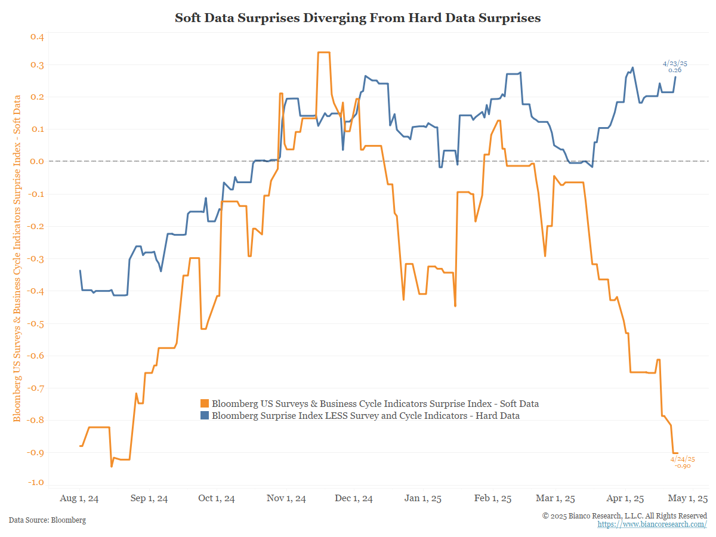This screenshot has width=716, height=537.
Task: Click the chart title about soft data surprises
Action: click(x=357, y=18)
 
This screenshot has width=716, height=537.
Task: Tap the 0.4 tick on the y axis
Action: click(x=37, y=37)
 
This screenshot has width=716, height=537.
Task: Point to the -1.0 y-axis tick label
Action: click(x=36, y=482)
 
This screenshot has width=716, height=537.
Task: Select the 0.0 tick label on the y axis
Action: click(x=37, y=161)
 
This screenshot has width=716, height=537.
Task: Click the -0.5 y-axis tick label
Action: click(x=36, y=323)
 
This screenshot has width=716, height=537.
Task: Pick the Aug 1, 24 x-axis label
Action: click(x=80, y=499)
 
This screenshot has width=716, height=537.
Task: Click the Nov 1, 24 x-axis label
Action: click(x=286, y=499)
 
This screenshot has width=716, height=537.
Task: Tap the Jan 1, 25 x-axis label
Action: click(x=422, y=499)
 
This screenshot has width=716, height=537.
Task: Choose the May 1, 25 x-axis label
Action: click(x=688, y=499)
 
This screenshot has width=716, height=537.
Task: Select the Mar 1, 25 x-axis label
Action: click(x=556, y=499)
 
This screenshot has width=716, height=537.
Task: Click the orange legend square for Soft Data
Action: click(x=205, y=404)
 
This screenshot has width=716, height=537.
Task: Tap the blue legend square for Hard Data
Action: click(x=205, y=416)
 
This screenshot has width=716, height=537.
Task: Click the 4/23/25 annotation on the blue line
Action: click(x=675, y=63)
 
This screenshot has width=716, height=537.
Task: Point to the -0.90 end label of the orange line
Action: click(x=683, y=465)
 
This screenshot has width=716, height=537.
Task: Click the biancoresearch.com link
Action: click(x=652, y=524)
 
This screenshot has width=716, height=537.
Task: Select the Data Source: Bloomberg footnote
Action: click(x=47, y=520)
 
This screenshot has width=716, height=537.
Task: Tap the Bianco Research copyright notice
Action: click(x=625, y=516)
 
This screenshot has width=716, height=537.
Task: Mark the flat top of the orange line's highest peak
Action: click(x=323, y=53)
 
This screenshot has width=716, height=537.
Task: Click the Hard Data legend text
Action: click(x=365, y=416)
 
